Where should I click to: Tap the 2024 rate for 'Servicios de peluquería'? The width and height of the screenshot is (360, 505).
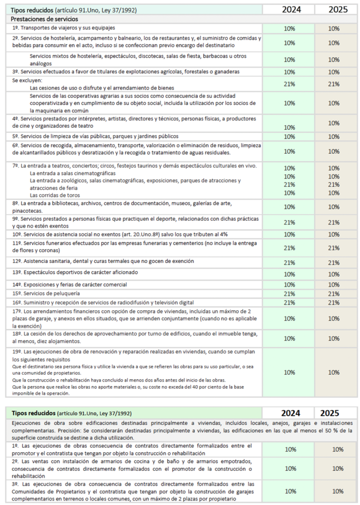(290, 293)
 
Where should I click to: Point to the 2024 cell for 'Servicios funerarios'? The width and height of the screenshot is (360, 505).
(290, 248)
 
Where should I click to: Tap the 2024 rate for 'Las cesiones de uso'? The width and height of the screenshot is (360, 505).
(290, 84)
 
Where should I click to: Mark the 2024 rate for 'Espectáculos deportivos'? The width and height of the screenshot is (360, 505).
(290, 274)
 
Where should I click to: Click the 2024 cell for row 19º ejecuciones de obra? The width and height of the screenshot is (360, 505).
(290, 372)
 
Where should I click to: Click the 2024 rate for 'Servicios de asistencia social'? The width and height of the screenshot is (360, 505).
(290, 234)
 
